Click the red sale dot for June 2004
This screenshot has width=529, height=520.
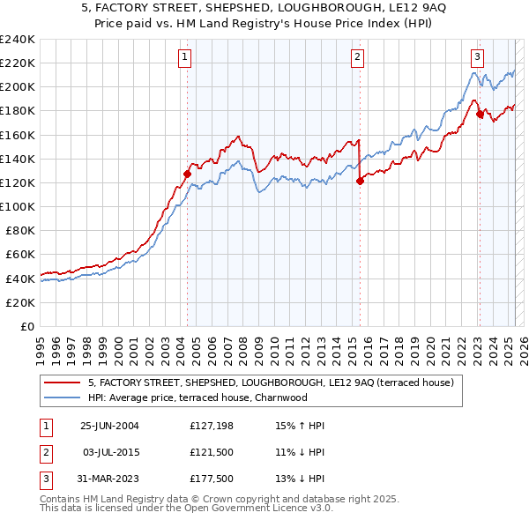(x=187, y=174)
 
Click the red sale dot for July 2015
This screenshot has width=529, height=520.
(x=360, y=181)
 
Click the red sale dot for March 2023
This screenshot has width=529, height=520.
(x=480, y=114)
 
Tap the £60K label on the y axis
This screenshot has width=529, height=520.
(x=20, y=254)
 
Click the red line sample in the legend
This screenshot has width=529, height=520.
(x=62, y=383)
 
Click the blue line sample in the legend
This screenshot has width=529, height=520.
(x=62, y=397)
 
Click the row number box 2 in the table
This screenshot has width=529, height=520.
(x=45, y=453)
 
